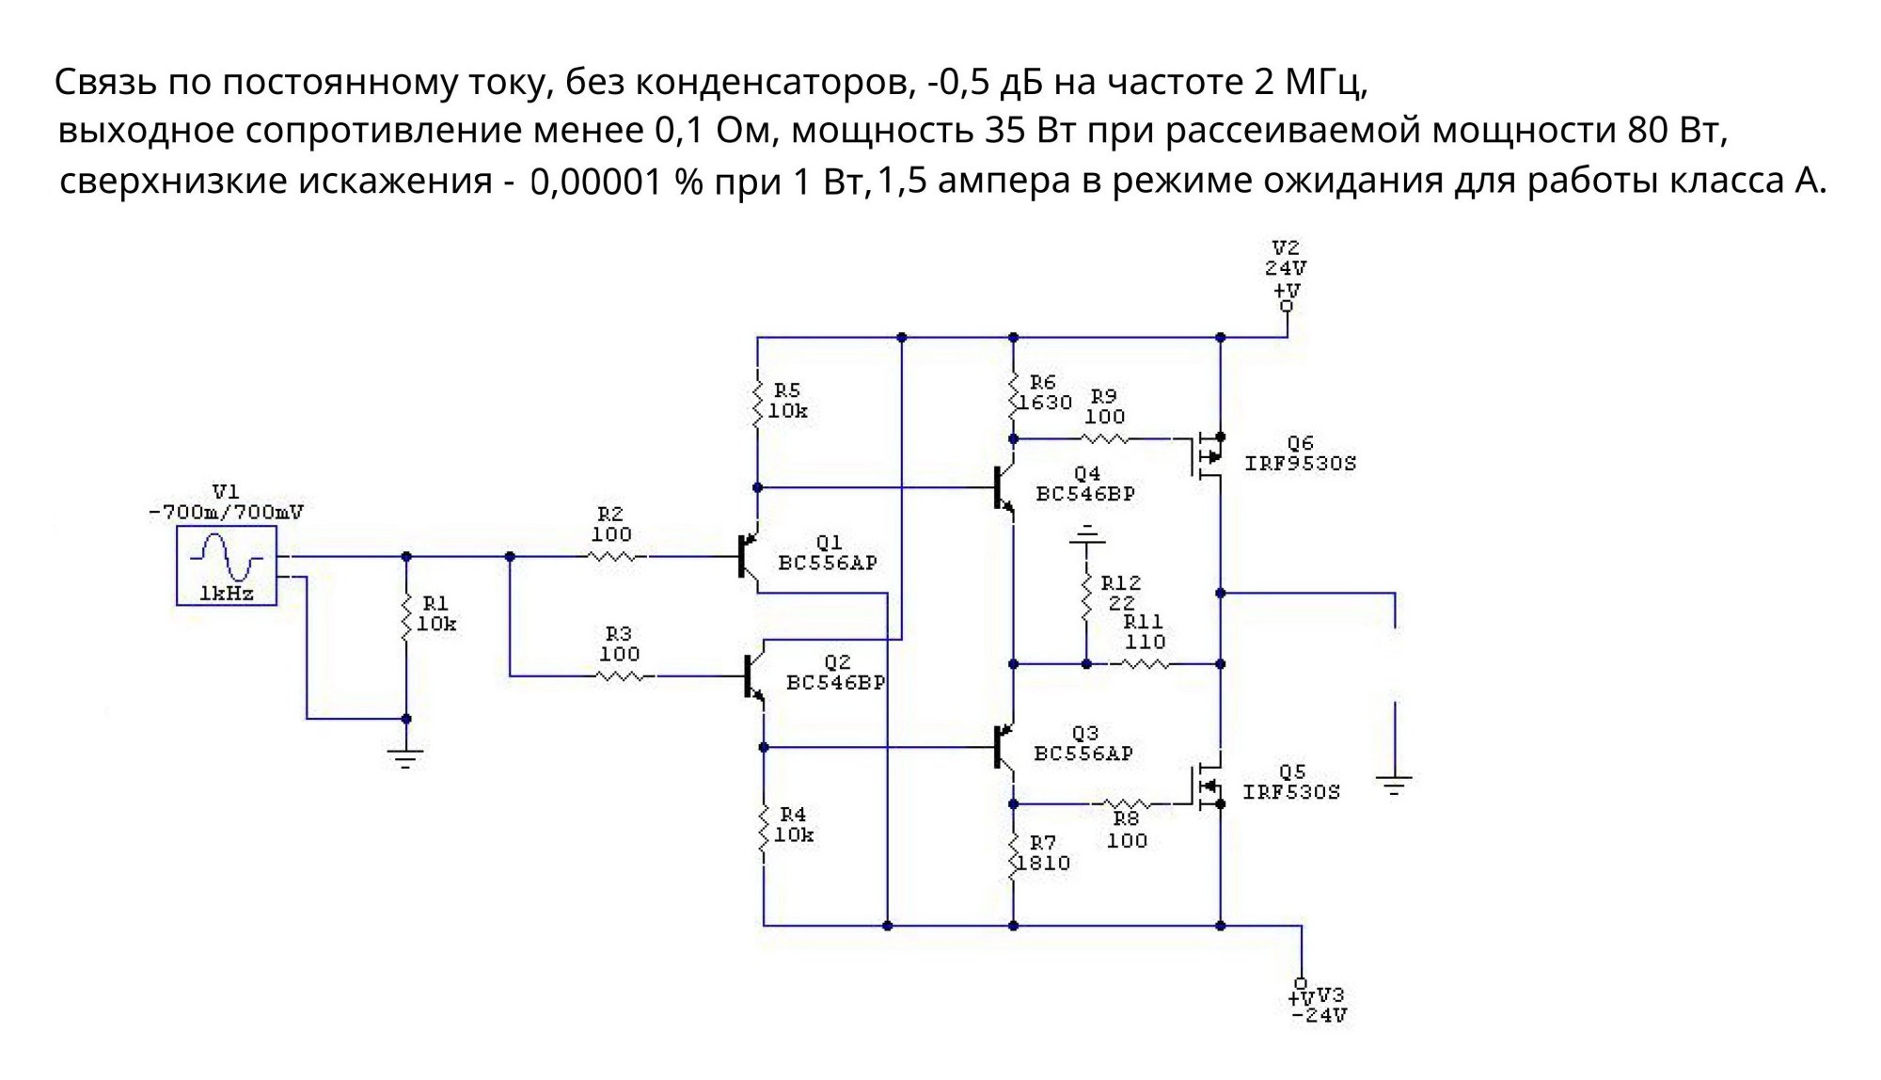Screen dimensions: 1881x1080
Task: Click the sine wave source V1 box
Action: [227, 565]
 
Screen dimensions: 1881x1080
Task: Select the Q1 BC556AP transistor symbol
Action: [748, 557]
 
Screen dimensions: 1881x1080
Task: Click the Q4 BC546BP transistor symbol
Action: [1004, 488]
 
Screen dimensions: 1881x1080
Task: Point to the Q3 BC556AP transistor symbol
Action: [1004, 747]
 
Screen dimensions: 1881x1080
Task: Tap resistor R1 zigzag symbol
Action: [407, 616]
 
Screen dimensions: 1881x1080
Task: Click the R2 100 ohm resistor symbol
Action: [616, 557]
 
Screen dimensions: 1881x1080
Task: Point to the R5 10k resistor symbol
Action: [757, 403]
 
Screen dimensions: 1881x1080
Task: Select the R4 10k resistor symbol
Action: [764, 830]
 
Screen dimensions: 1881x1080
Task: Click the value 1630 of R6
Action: [1046, 403]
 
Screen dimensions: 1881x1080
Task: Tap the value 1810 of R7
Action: [1044, 863]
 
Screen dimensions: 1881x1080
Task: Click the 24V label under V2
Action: [1286, 268]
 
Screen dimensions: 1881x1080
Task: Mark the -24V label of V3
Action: [1320, 1016]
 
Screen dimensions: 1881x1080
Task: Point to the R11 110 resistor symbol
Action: [1145, 664]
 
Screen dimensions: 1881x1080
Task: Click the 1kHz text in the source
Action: [227, 594]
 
